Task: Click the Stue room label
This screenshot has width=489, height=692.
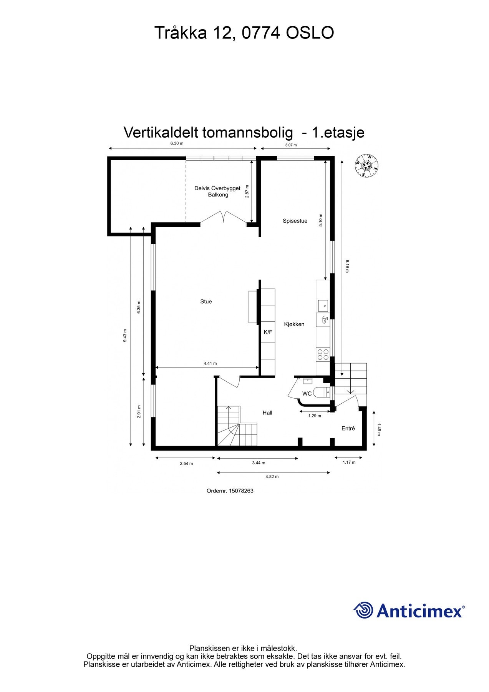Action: pos(206,302)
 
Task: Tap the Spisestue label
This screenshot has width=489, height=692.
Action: pos(295,221)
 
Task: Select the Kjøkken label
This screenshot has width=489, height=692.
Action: pos(294,324)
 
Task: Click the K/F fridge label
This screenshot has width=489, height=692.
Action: pos(268,332)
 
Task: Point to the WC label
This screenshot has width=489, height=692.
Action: pos(307,394)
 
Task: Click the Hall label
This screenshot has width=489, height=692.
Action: pos(267,413)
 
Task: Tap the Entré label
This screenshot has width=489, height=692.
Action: pos(348,429)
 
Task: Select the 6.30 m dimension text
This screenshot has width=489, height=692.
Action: pos(177,144)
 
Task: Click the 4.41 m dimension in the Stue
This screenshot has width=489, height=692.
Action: pos(210,363)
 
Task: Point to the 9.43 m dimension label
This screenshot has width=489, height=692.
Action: pos(125,336)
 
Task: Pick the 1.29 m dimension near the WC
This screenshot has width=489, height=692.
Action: pos(315,416)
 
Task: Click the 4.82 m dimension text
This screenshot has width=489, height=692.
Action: pos(272,477)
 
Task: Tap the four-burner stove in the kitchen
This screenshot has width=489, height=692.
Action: pos(323,354)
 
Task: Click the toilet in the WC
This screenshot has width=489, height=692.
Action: pos(321,393)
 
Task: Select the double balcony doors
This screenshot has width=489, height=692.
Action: pos(224,217)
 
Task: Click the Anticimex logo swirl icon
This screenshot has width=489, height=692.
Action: pos(363,610)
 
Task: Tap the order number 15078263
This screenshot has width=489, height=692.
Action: pos(241,491)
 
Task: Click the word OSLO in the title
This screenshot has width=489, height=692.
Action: pos(310,33)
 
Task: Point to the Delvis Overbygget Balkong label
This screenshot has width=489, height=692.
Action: pos(217,191)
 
